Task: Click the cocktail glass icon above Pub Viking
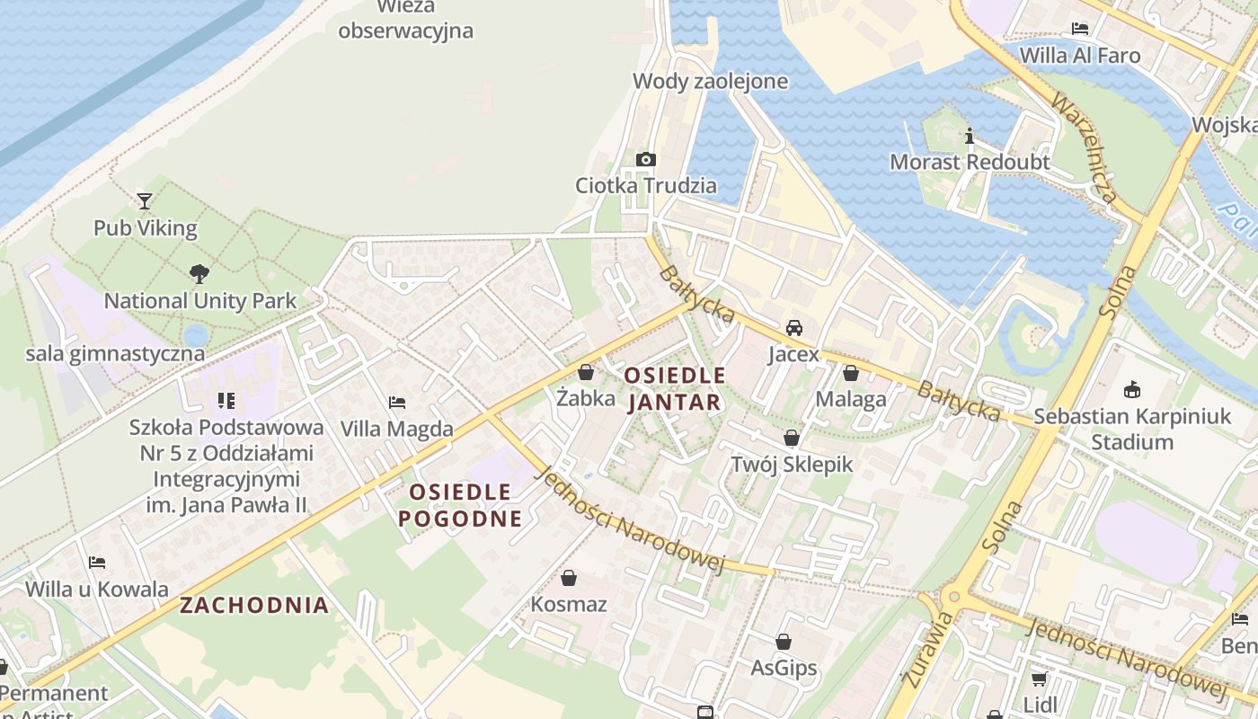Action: [145, 200]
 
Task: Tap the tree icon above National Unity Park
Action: [199, 272]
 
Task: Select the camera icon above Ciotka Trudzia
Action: [645, 159]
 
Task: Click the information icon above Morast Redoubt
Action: [969, 136]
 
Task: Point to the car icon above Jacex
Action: [794, 327]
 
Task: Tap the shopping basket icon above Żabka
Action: [586, 371]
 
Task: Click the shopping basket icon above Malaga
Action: [850, 372]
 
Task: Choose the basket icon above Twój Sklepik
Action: [791, 438]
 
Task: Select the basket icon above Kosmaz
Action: [568, 577]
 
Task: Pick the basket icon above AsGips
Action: [784, 642]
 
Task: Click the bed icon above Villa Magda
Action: [396, 403]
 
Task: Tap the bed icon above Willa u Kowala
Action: [97, 563]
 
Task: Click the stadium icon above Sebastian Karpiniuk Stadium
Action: [1131, 390]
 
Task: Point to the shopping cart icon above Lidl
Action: [1040, 678]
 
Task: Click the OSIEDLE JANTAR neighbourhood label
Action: [674, 388]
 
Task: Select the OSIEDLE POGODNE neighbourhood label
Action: [459, 505]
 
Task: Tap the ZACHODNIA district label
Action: [254, 605]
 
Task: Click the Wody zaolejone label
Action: [710, 82]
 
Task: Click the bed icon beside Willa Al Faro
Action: [1080, 29]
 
